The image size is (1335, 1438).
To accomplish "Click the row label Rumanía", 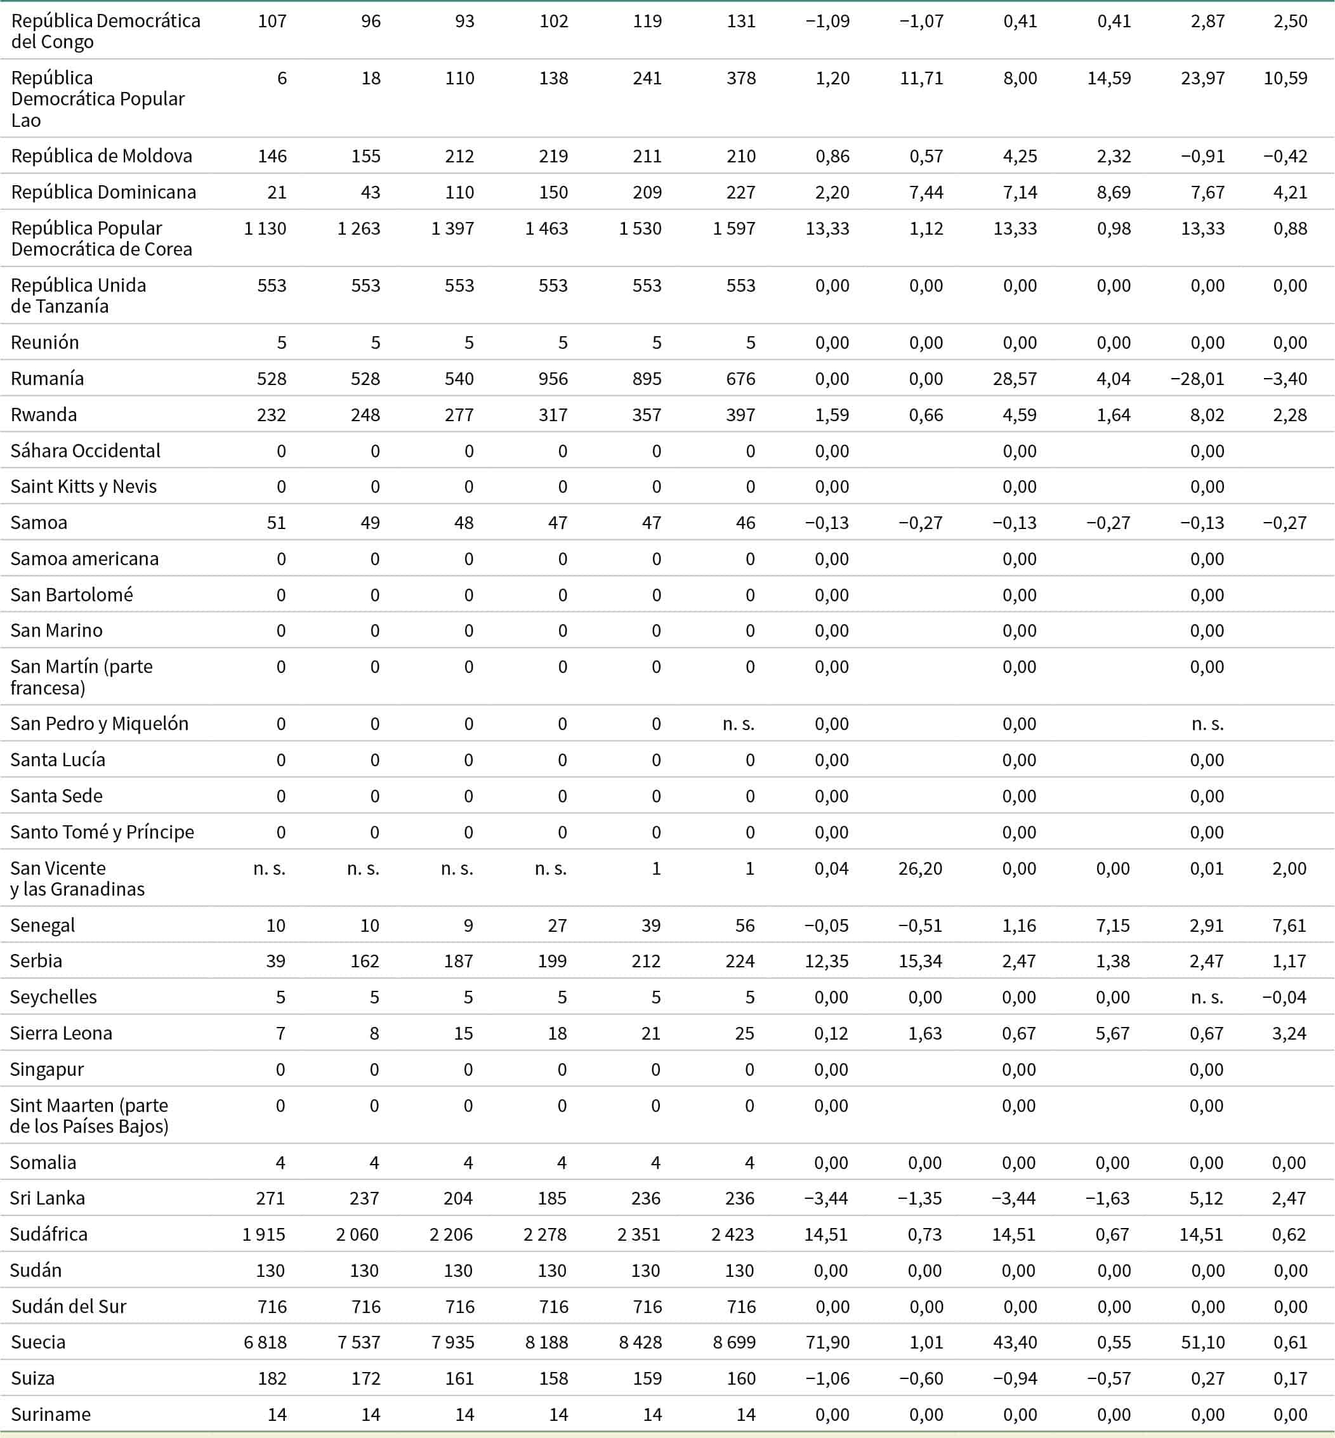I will coord(47,379).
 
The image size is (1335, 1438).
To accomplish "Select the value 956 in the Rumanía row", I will coord(553,379).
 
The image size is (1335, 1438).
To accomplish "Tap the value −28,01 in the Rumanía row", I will coord(1197,379).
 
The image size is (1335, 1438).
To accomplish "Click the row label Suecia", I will coord(38,1342).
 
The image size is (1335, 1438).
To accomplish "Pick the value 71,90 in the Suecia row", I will coord(827,1342).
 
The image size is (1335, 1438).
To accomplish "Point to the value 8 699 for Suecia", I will coord(734,1342).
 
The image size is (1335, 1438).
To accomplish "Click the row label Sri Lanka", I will coord(47,1198).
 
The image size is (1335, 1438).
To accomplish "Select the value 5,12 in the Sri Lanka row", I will coord(1206,1198).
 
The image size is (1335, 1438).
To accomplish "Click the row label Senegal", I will coord(43,925).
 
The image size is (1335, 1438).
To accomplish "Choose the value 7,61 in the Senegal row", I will coord(1289,925).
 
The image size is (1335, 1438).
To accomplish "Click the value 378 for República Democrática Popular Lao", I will coord(741,78).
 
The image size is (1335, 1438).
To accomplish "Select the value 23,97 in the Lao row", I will coord(1203,78).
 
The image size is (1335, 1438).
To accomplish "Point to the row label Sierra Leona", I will coord(61,1033).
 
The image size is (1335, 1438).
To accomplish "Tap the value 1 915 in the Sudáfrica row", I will coord(264,1234).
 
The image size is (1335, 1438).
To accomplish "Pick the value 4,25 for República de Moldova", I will coord(1020,156).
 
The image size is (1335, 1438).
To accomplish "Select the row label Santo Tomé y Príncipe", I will coord(102,832).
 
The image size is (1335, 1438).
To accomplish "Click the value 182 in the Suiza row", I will coord(272,1378).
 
